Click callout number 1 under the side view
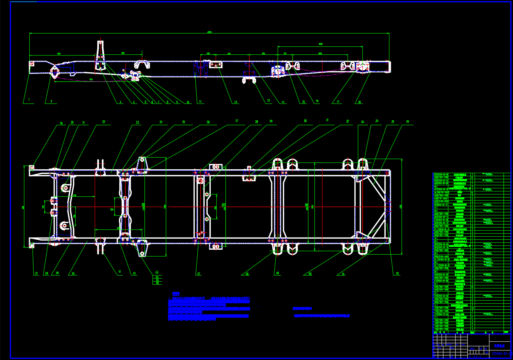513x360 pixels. pos(29,100)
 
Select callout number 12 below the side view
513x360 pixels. pos(235,102)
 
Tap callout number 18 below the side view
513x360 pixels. pos(359,102)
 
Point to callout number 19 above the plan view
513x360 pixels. pos(61,123)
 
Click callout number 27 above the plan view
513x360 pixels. pos(237,121)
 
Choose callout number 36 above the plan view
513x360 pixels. pos(408,122)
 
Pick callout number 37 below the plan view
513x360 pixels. pos(37,273)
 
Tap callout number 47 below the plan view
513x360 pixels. pos(199,274)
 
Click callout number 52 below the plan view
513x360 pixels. pos(397,273)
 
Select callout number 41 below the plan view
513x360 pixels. pos(119,272)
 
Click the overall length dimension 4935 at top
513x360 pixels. pos(209,32)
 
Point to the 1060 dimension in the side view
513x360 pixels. pos(320,44)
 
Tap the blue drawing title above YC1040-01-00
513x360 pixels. pos(499,346)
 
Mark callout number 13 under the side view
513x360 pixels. pos(268,100)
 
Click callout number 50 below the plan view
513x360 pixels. pos(310,274)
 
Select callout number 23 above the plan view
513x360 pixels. pos(138,123)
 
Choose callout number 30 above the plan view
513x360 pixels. pos(305,121)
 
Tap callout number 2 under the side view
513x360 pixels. pos(51,102)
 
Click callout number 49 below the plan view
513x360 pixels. pos(278,273)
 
